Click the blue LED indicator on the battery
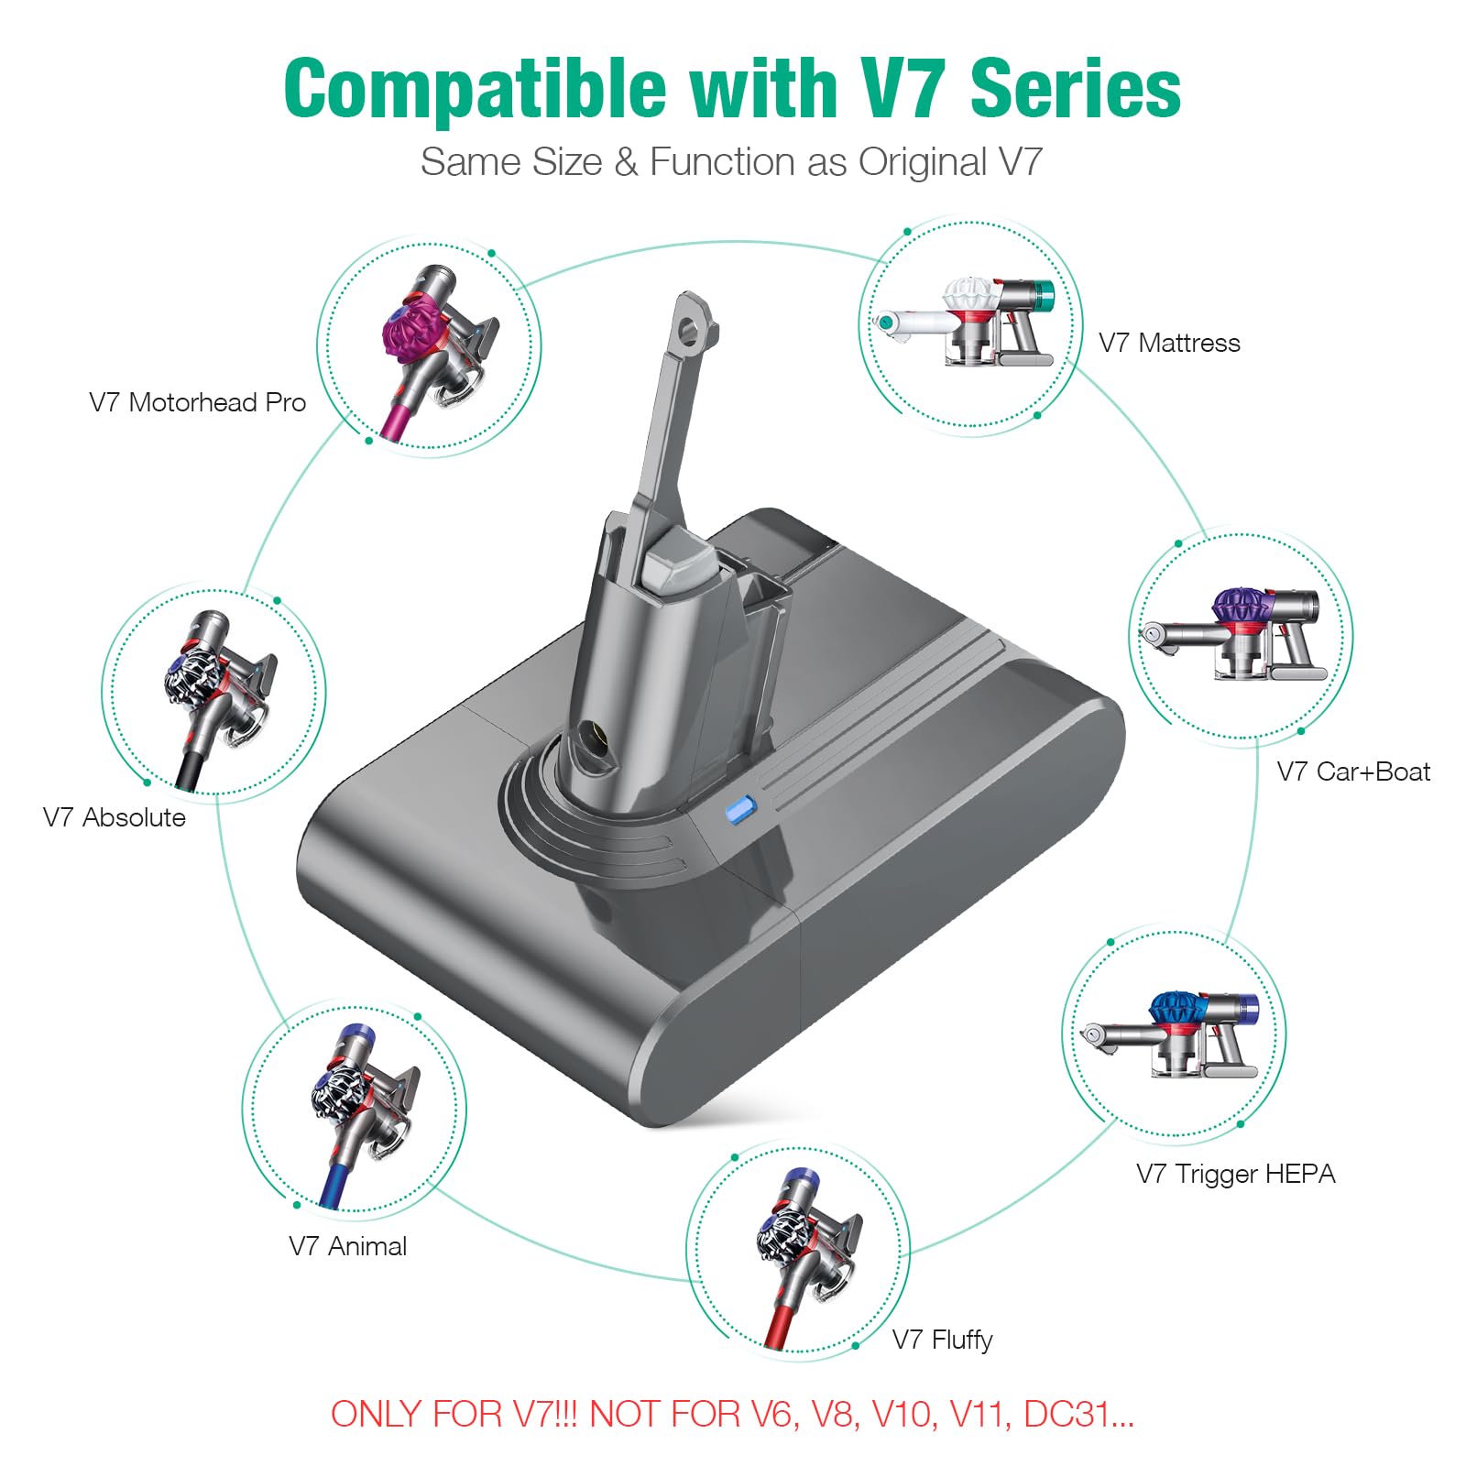tap(738, 810)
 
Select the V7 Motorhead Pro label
tap(197, 402)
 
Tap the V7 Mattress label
tap(1169, 343)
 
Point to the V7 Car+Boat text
tap(1353, 771)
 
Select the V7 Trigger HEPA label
tap(1235, 1174)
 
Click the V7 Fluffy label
tap(942, 1340)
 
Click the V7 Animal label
tap(347, 1246)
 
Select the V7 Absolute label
tap(115, 817)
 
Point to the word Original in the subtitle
tap(922, 162)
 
